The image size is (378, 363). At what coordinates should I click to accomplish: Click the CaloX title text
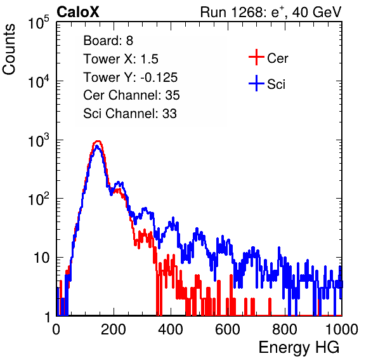click(x=78, y=12)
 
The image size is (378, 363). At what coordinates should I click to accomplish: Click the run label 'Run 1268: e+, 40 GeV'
click(x=271, y=12)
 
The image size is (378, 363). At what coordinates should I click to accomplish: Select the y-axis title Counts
click(x=9, y=49)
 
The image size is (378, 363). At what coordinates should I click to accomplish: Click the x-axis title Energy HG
click(x=299, y=348)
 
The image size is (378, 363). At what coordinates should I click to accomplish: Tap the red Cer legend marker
click(x=256, y=57)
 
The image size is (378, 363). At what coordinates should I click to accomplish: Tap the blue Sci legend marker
click(x=256, y=83)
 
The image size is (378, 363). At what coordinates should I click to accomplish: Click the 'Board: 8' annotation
click(x=108, y=41)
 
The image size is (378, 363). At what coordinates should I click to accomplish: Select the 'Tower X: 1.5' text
click(x=121, y=59)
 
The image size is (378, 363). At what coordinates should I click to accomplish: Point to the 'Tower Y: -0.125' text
click(x=131, y=77)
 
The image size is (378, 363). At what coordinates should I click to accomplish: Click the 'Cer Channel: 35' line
click(x=131, y=95)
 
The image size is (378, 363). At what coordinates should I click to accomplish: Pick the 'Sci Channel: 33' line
click(x=130, y=113)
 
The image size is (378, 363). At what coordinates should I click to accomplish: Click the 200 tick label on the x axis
click(x=114, y=329)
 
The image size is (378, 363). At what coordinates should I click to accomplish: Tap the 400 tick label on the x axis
click(x=171, y=329)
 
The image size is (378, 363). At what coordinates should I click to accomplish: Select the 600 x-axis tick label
click(x=228, y=329)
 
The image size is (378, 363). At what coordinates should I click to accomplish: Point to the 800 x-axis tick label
click(x=285, y=329)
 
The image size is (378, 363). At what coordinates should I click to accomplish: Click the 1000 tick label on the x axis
click(x=342, y=329)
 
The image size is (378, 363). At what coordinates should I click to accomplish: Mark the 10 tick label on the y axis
click(x=42, y=258)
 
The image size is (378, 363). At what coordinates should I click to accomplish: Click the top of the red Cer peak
click(x=98, y=141)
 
